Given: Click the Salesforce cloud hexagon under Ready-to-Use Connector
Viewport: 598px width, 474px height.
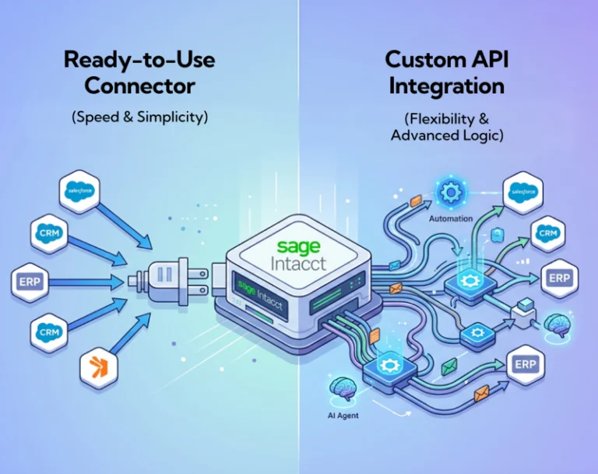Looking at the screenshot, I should (79, 191).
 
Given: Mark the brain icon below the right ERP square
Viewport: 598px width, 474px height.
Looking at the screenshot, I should (558, 323).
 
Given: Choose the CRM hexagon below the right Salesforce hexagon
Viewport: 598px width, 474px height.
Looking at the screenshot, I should (547, 233).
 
